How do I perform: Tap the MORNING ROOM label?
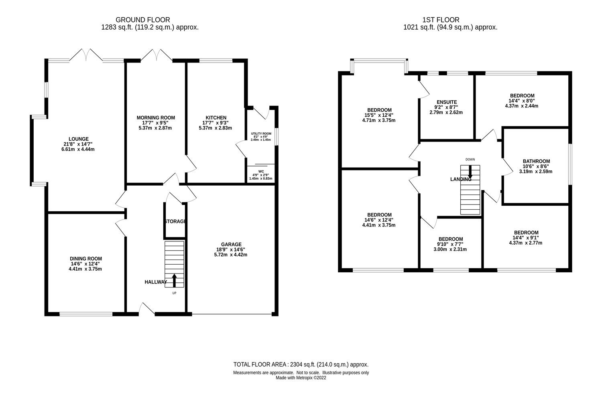click(156, 117)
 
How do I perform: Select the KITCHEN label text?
click(216, 117)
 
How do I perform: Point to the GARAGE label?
click(231, 244)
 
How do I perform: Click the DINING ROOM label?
click(86, 259)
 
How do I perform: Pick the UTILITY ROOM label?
click(261, 134)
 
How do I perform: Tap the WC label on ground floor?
click(261, 171)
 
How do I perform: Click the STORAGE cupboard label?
click(175, 221)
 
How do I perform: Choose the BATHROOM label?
click(536, 161)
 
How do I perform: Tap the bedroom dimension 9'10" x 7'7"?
click(450, 244)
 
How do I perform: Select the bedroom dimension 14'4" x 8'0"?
click(521, 101)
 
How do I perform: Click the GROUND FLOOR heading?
click(142, 20)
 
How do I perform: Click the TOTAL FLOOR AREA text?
click(301, 365)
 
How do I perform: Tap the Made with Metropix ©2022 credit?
click(301, 378)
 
